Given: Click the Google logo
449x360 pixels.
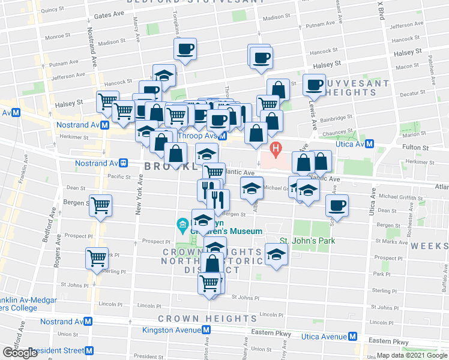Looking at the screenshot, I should (20, 353).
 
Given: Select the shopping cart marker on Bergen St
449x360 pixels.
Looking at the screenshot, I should (100, 205).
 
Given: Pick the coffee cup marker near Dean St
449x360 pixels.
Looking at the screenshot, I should (337, 205).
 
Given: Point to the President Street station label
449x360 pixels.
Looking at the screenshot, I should (58, 350).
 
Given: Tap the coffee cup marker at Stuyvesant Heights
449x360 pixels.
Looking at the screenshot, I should (315, 85).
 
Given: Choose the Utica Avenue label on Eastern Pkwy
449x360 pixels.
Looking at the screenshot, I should (325, 337).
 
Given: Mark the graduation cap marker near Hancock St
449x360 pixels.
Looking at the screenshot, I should (163, 75).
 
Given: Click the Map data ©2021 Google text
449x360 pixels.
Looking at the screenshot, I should (412, 355).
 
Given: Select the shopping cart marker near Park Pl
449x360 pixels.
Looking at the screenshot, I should (97, 258).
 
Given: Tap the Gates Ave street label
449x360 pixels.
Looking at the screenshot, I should (109, 14).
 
